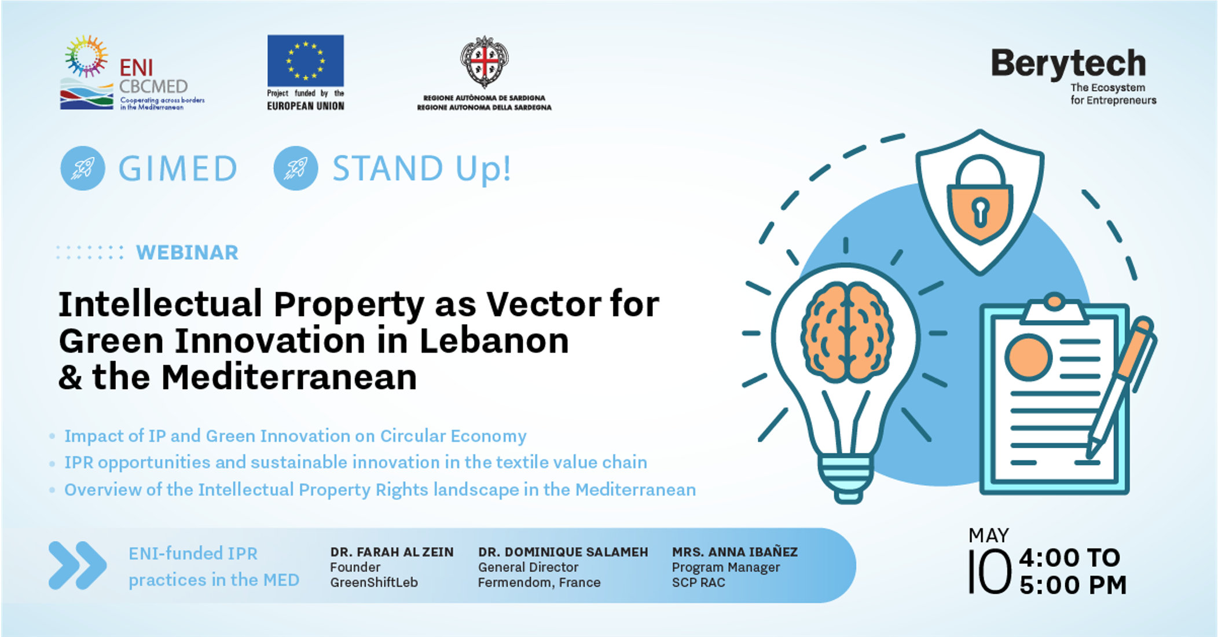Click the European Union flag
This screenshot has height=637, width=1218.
(x=305, y=60)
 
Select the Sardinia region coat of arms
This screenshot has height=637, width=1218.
(x=485, y=61)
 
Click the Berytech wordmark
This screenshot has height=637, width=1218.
(x=1069, y=64)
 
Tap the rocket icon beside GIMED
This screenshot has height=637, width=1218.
(x=83, y=168)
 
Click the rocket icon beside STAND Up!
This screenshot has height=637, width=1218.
(x=296, y=168)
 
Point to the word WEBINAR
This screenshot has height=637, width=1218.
(x=187, y=252)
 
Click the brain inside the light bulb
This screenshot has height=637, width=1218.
(x=847, y=332)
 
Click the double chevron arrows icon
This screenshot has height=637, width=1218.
(x=78, y=565)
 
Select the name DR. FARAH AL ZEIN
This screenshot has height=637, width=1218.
(x=392, y=552)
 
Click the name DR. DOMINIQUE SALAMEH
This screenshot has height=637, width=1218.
(x=563, y=552)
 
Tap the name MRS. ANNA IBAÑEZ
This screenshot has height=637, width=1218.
(x=735, y=551)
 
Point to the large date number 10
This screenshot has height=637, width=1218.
(x=990, y=572)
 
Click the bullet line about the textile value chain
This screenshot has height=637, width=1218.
(x=355, y=462)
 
